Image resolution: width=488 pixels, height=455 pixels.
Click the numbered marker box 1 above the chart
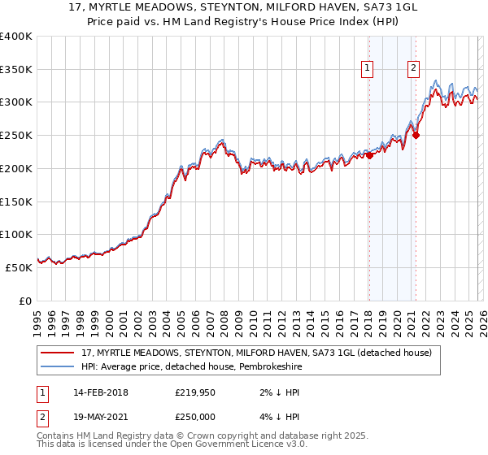pyautogui.click(x=368, y=69)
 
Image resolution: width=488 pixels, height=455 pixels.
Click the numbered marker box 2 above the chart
pyautogui.click(x=414, y=69)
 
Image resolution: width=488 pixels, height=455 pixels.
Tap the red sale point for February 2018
pyautogui.click(x=369, y=155)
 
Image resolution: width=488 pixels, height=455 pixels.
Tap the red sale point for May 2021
pyautogui.click(x=416, y=136)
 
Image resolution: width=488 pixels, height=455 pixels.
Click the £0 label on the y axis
pyautogui.click(x=25, y=301)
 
